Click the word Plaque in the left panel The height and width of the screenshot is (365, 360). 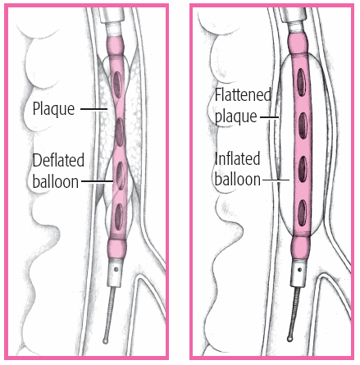pos(53,109)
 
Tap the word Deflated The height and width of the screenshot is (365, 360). pos(58,160)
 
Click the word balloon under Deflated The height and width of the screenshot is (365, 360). pos(56,181)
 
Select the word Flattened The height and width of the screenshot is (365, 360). pos(243,94)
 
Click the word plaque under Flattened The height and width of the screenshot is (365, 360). pos(236,116)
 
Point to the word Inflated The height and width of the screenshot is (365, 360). pos(237,158)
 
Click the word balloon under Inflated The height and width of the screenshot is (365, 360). pos(238,180)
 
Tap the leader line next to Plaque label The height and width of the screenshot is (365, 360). pos(94,109)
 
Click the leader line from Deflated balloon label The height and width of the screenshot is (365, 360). pos(98,181)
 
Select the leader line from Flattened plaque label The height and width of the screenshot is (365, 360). pos(269,117)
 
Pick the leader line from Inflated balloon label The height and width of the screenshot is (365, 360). pos(276,180)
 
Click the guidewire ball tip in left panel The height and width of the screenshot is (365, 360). pos(105,340)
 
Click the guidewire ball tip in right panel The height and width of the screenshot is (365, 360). pos(289,339)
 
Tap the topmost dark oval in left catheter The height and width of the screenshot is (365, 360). pos(117,84)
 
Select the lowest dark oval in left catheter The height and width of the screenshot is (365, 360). pos(119,217)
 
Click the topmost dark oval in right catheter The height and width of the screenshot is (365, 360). pos(301,82)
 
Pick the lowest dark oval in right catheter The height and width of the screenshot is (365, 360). pos(302,212)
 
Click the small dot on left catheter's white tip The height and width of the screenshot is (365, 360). pos(116,269)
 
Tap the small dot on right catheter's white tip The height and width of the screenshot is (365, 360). pos(300,270)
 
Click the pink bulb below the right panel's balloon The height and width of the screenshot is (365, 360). pos(301,248)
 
